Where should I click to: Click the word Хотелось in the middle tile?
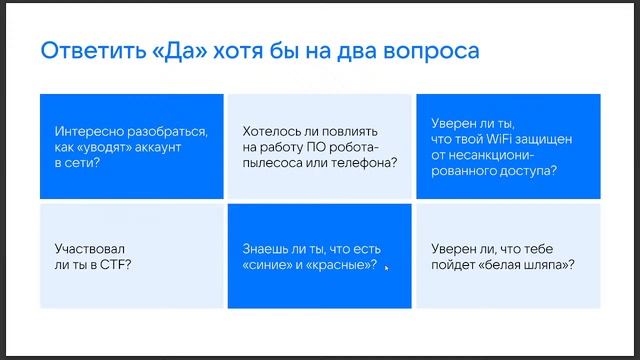point(270,131)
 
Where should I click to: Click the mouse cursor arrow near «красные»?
point(387,267)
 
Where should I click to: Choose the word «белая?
point(516,264)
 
